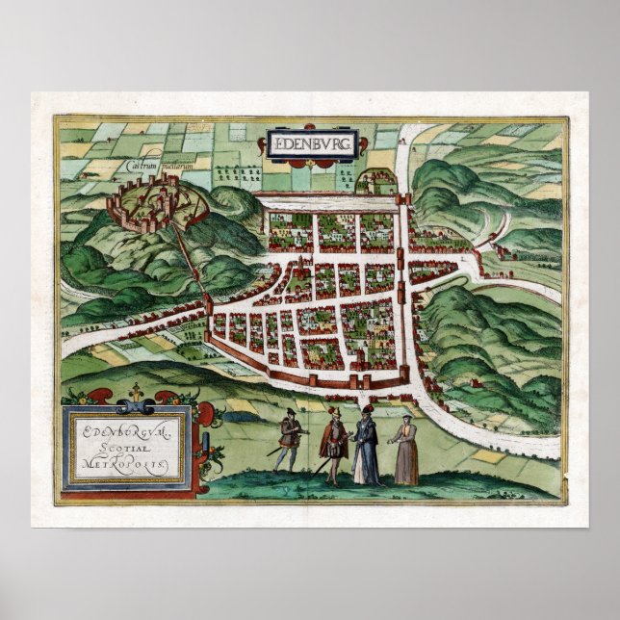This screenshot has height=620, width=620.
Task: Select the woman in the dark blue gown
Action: [366, 446]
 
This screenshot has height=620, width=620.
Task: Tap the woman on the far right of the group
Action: [405, 452]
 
